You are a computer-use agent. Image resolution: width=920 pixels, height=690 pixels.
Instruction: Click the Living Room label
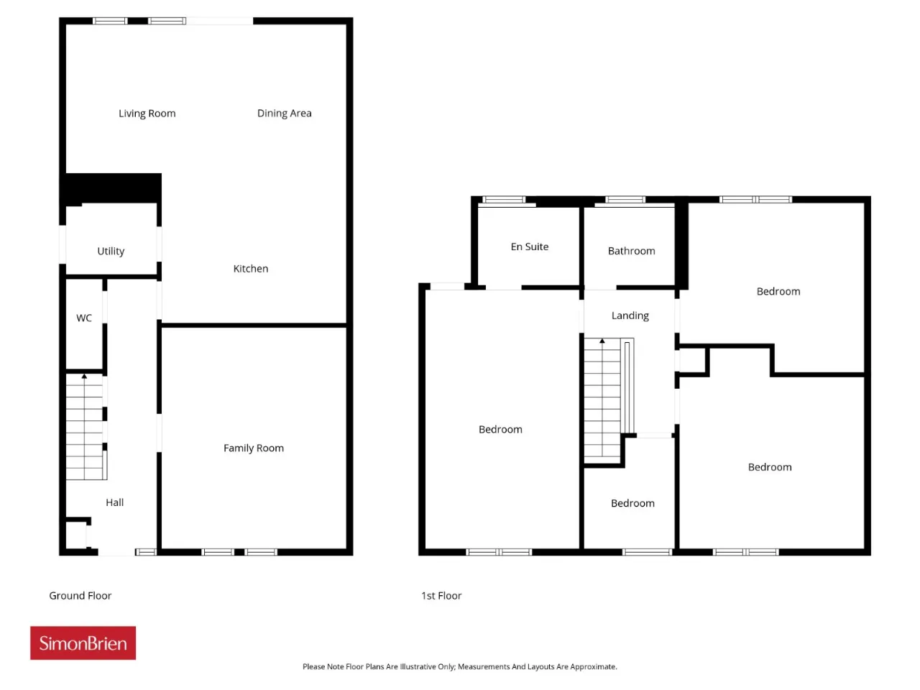[147, 113]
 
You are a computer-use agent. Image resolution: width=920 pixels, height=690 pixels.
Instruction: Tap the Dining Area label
[284, 113]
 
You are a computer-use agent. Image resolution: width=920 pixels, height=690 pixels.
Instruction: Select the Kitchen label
[251, 269]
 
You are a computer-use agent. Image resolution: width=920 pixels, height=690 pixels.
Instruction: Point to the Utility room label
[111, 251]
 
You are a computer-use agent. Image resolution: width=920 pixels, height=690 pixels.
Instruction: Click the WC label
[84, 318]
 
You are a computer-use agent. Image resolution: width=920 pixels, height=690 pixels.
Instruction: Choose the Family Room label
[254, 448]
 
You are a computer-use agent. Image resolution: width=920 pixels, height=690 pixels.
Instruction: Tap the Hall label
[114, 502]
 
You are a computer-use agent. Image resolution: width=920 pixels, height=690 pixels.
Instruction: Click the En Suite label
[530, 247]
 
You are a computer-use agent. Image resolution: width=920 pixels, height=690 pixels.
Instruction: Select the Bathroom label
[631, 251]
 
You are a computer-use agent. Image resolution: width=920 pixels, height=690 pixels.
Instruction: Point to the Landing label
[630, 316]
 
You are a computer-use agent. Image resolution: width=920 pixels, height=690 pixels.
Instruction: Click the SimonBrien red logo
[83, 643]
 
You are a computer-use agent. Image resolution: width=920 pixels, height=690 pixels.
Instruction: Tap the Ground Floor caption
[80, 595]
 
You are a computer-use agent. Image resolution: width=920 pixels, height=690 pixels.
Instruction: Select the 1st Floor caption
[441, 595]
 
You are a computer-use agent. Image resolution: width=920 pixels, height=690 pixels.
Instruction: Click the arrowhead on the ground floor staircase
[84, 376]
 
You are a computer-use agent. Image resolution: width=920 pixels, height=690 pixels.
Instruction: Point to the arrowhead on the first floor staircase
[602, 341]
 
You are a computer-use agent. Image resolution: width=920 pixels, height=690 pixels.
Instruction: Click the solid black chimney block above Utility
[112, 188]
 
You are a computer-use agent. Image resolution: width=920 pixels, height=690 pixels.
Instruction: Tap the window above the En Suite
[504, 199]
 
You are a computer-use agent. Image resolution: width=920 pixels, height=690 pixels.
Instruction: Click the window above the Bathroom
[625, 199]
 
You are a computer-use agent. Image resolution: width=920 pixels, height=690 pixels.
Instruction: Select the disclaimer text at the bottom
[460, 666]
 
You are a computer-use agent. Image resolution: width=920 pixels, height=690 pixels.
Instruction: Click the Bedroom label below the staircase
[632, 503]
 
